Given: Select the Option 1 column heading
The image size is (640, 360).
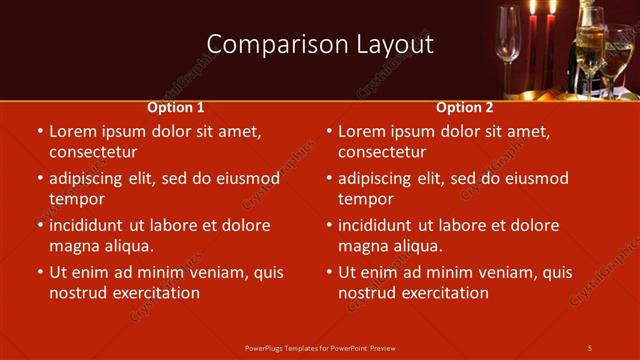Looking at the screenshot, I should click(176, 107).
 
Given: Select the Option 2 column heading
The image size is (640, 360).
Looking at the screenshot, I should click(465, 107).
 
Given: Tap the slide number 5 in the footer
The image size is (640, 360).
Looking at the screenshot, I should click(589, 347).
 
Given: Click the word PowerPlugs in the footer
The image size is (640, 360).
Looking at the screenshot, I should click(267, 347).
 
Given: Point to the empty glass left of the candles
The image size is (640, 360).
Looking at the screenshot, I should click(509, 40).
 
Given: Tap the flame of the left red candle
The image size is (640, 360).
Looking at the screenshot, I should click(533, 7).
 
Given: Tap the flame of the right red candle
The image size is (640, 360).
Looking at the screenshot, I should click(551, 7).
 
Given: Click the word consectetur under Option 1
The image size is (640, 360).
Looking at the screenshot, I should click(92, 152).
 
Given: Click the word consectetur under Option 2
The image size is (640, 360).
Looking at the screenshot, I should click(381, 152).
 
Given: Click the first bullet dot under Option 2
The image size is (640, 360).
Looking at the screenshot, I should click(329, 132).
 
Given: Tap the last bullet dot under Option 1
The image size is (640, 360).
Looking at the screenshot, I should click(40, 273).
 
